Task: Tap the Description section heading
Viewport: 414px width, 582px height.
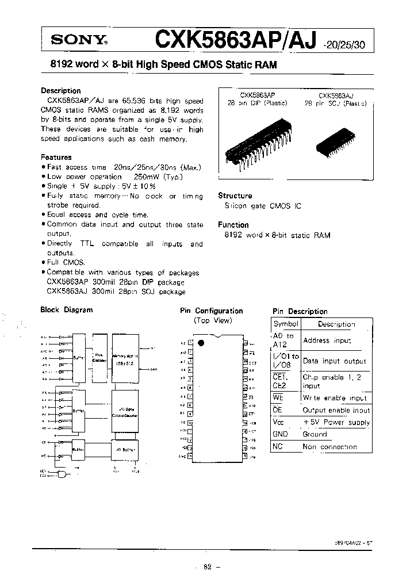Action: pyautogui.click(x=60, y=91)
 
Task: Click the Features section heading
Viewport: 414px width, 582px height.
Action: pyautogui.click(x=56, y=157)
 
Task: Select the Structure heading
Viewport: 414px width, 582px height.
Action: pyautogui.click(x=235, y=196)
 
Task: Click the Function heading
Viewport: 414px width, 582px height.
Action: pyautogui.click(x=233, y=225)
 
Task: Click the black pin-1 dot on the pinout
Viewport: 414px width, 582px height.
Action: pyautogui.click(x=200, y=343)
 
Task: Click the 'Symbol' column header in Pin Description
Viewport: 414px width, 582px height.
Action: pyautogui.click(x=286, y=324)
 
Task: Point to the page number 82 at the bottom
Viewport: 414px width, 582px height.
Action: pyautogui.click(x=208, y=567)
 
